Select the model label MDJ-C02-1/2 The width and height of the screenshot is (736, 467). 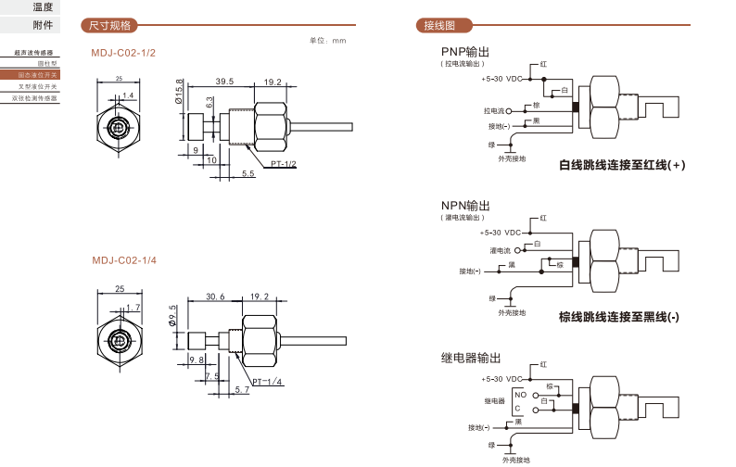tap(123, 53)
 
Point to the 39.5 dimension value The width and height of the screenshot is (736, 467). tap(224, 82)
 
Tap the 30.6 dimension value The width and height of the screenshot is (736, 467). tap(215, 297)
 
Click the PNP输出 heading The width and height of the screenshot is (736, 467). tap(464, 51)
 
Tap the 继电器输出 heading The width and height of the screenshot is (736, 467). tap(470, 358)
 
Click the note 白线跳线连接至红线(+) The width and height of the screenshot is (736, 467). tap(621, 166)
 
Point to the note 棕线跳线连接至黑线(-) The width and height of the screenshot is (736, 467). tap(618, 317)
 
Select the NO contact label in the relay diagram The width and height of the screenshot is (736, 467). tap(520, 395)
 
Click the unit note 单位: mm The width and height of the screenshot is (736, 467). tap(327, 41)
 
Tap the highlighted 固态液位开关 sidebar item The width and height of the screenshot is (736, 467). tap(38, 74)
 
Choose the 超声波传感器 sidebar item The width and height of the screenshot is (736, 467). tap(36, 53)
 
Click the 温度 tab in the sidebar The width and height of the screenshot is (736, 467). tap(43, 7)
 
